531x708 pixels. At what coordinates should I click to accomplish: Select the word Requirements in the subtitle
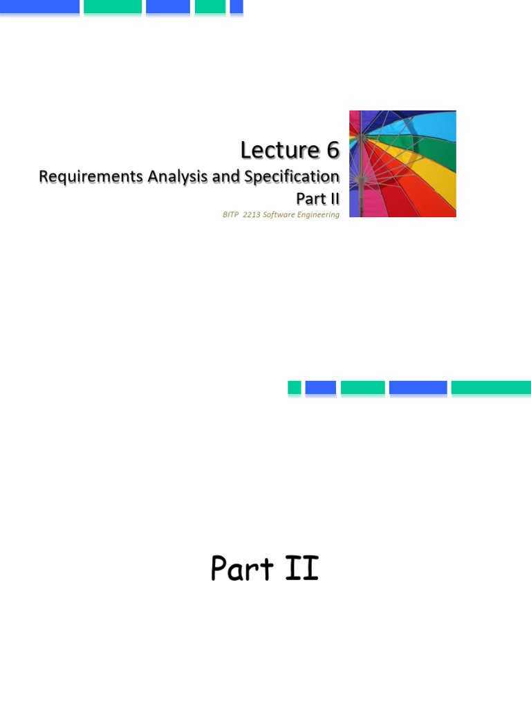click(91, 177)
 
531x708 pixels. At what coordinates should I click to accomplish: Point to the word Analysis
click(177, 177)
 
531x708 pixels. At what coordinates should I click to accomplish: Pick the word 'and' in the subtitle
click(225, 177)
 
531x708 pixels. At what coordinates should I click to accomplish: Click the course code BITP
click(230, 215)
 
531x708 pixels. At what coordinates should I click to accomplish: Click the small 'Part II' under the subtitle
click(318, 198)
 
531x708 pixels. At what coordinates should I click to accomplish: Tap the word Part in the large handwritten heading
click(241, 569)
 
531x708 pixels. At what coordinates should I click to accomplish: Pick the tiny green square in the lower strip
click(295, 388)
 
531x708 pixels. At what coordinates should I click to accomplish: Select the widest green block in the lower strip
click(491, 388)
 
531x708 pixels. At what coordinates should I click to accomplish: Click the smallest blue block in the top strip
click(236, 7)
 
